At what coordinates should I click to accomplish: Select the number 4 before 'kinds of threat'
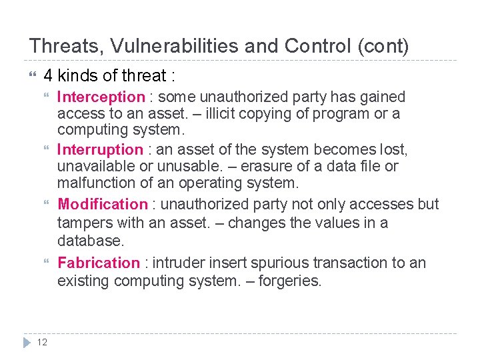pos(48,75)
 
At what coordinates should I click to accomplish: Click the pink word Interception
pos(101,97)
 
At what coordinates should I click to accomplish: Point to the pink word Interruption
pos(100,149)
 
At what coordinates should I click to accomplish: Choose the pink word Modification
pos(103,204)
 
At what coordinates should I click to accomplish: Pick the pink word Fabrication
pos(99,263)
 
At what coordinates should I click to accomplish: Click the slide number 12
pos(42,342)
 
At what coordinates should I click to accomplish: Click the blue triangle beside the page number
pos(27,342)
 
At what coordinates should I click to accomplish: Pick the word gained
pos(382,97)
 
